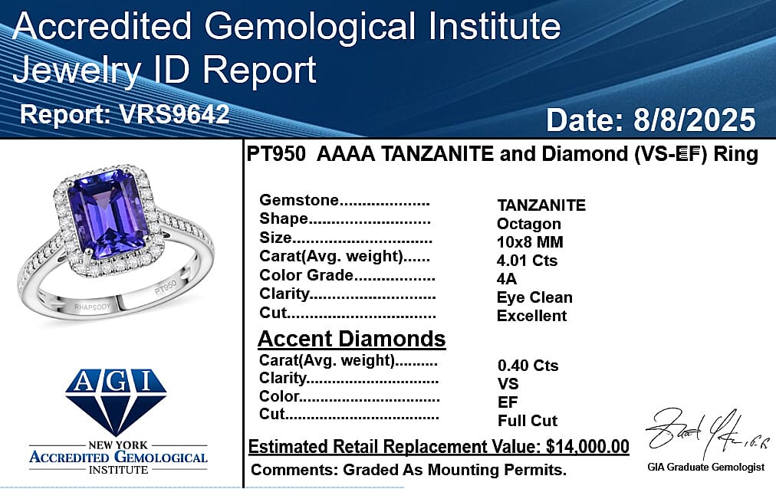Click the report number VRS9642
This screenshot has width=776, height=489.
[174, 114]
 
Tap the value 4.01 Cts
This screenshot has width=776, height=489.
[527, 261]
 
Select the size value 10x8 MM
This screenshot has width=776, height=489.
[530, 242]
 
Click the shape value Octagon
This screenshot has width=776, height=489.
[528, 224]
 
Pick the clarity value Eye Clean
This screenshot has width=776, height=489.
[534, 297]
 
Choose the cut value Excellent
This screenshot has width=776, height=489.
[531, 316]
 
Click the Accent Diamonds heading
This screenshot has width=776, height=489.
[351, 339]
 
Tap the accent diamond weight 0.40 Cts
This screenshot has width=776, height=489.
[528, 366]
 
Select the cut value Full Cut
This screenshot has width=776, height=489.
[527, 421]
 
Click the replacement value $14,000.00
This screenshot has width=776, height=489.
[587, 447]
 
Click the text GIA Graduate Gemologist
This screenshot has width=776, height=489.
[705, 467]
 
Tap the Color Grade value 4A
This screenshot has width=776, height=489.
[507, 279]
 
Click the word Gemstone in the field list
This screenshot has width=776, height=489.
[299, 201]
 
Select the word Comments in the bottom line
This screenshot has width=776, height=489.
[286, 469]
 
